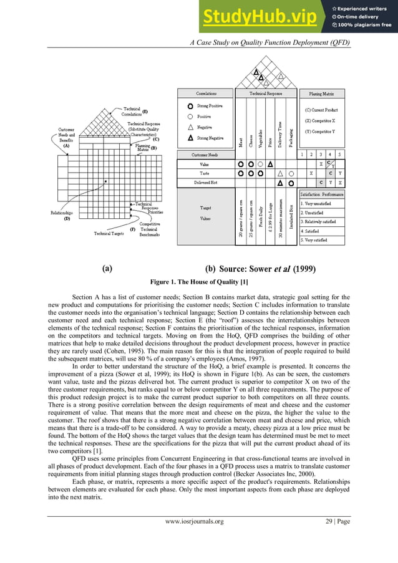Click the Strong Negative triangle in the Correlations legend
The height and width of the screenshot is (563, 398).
click(x=190, y=137)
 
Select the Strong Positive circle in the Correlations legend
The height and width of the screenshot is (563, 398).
click(x=190, y=106)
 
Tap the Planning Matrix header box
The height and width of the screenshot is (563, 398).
click(x=321, y=94)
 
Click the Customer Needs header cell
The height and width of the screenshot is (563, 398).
click(x=205, y=153)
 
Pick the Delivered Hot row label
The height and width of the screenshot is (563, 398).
click(x=205, y=183)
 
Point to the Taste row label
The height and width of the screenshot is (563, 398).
click(x=205, y=173)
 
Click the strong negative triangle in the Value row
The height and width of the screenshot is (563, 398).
click(x=270, y=164)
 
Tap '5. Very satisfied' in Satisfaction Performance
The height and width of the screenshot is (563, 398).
click(x=318, y=239)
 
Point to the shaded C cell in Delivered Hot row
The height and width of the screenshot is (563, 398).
click(x=321, y=183)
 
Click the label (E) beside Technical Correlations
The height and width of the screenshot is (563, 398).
click(x=145, y=111)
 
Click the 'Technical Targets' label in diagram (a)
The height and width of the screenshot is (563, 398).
click(x=109, y=234)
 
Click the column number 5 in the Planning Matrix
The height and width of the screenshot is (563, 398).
click(x=339, y=153)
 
